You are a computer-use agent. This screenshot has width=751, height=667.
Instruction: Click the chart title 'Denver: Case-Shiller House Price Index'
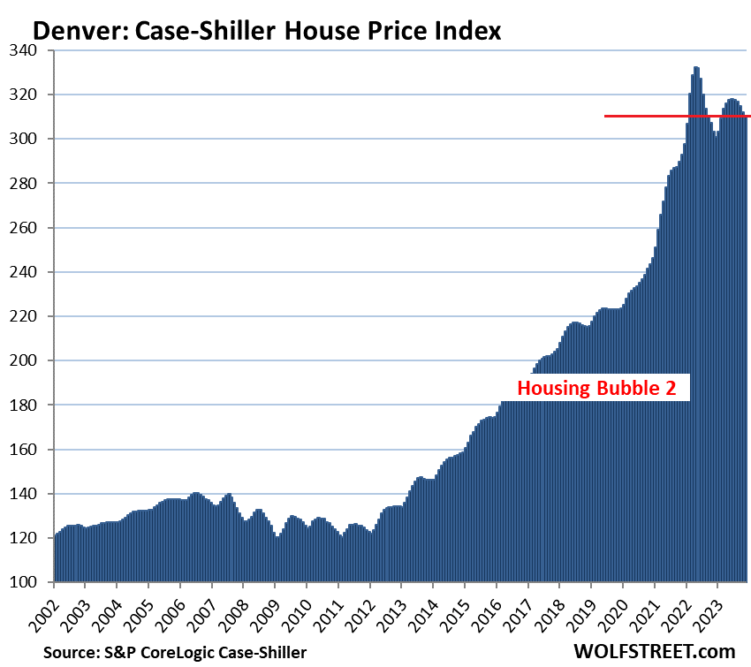(x=267, y=32)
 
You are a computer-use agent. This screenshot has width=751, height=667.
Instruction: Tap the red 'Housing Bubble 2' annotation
(x=602, y=388)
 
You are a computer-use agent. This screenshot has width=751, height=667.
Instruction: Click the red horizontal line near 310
(x=677, y=116)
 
